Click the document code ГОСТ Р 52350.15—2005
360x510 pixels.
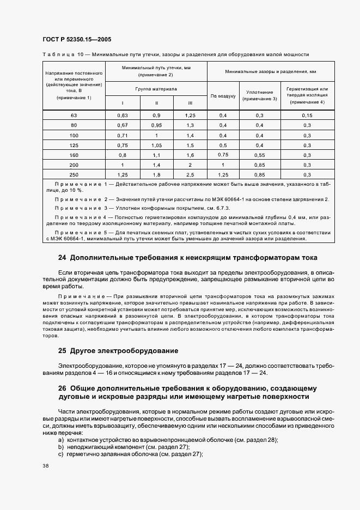(77, 40)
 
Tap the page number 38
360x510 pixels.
(45, 465)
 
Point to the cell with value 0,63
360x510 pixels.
(122, 116)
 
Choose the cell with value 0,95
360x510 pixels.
(156, 125)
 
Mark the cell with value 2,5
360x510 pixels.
(190, 174)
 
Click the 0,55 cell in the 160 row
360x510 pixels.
(259, 154)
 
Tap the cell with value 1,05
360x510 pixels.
(156, 145)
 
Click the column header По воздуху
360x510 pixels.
(223, 96)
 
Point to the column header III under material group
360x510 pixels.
(190, 103)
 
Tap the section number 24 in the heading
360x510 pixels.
(62, 257)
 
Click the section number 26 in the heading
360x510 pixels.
(62, 388)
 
